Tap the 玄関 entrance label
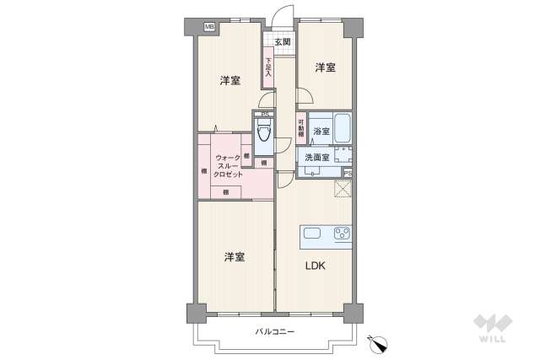(282, 41)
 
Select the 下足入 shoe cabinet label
(268, 67)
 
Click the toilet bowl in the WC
(263, 132)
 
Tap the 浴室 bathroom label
(321, 132)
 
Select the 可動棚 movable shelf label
(300, 130)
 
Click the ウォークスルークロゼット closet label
(228, 165)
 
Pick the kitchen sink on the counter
(310, 234)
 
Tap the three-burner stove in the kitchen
(341, 234)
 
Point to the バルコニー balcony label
(275, 331)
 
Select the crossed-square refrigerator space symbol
(343, 189)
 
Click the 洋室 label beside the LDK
(235, 256)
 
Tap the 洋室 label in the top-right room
(326, 67)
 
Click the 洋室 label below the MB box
(229, 81)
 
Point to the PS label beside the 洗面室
(348, 174)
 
